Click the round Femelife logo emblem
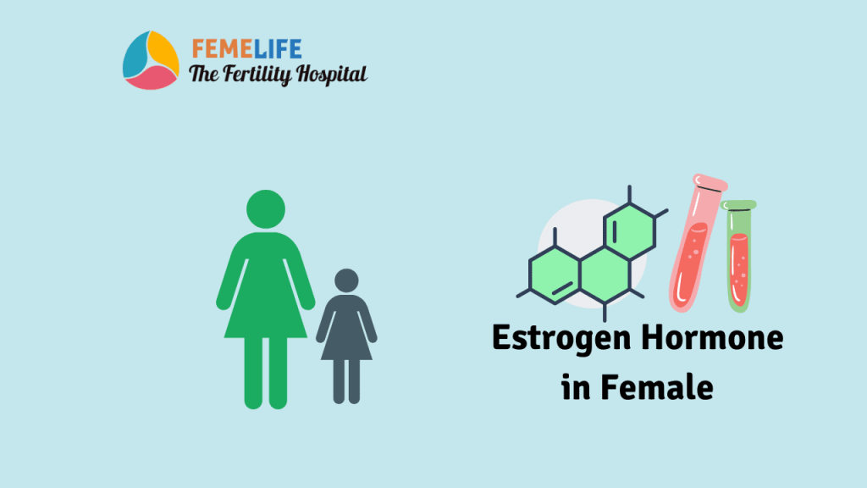click(151, 60)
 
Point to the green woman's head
click(265, 209)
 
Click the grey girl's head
click(346, 282)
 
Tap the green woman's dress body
click(265, 288)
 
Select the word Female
click(657, 388)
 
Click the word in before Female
click(576, 388)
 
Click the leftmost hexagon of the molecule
click(555, 274)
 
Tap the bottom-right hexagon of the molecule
click(605, 274)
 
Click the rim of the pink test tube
click(710, 182)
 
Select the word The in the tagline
click(203, 75)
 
